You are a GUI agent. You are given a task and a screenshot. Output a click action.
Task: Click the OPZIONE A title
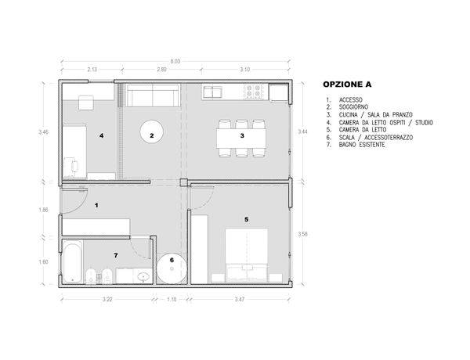click(x=347, y=85)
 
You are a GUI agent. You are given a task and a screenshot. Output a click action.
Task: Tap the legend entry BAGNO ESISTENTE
click(x=362, y=145)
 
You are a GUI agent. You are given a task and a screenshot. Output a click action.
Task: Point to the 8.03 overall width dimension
click(x=175, y=61)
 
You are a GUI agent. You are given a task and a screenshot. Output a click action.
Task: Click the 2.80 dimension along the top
click(x=161, y=70)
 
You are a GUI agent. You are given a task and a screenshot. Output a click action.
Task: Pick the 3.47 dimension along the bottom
click(x=240, y=299)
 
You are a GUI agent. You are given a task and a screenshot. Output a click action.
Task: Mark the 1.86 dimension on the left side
click(x=43, y=210)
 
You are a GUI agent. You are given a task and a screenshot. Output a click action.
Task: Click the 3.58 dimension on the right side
click(x=302, y=234)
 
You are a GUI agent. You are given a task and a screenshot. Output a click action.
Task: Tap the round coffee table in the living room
click(x=152, y=132)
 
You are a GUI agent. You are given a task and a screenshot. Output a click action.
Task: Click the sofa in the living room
click(x=153, y=95)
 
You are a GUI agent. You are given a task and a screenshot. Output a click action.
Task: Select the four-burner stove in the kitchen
click(x=253, y=92)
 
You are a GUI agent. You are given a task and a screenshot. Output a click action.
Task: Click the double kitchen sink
click(x=212, y=92)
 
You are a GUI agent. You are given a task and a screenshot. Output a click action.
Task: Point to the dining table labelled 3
click(x=241, y=138)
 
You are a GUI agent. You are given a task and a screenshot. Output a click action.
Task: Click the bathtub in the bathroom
click(x=72, y=263)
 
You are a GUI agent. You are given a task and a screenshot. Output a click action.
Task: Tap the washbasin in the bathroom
click(x=144, y=277)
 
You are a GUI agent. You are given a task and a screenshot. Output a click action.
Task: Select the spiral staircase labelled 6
click(x=172, y=268)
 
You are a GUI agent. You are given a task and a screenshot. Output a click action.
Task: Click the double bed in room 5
click(x=247, y=255)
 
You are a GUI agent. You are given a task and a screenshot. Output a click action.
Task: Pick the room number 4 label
click(x=102, y=135)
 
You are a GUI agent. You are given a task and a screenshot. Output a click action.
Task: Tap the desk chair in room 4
click(x=74, y=166)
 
